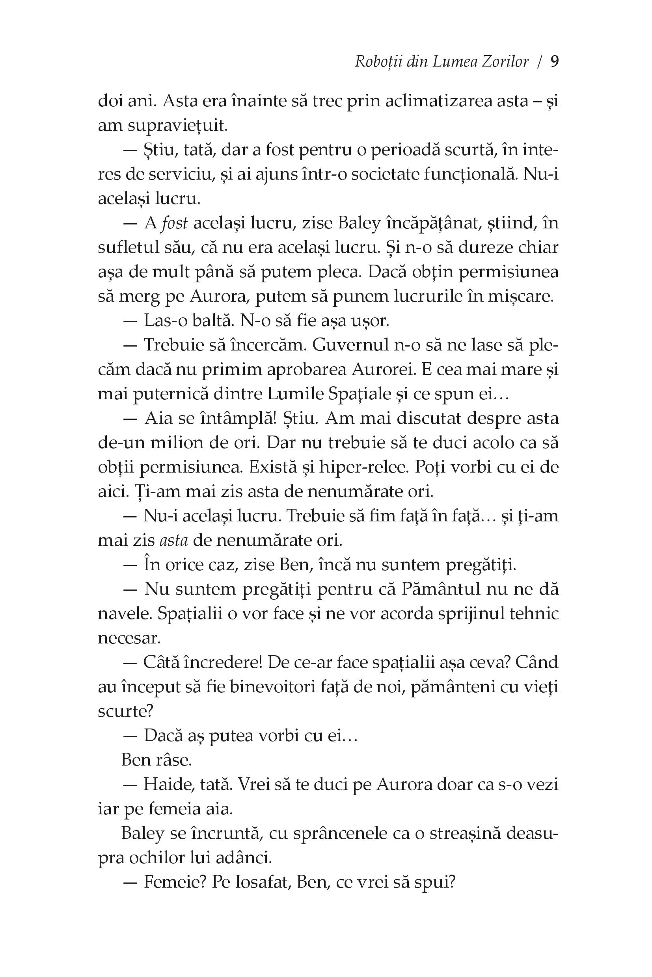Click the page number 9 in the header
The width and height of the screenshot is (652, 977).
click(554, 62)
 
